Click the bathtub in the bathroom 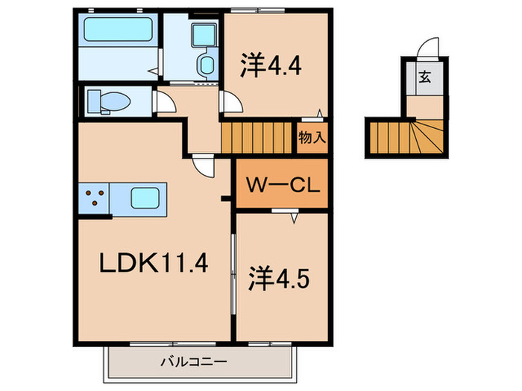118,29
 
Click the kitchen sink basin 145,198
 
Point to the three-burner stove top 94,198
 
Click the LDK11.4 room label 154,263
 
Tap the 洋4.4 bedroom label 271,66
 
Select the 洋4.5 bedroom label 279,279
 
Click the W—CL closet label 283,185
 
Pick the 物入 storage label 312,137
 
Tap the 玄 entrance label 425,77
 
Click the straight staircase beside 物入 257,138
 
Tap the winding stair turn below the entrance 428,137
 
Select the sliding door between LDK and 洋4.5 233,274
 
